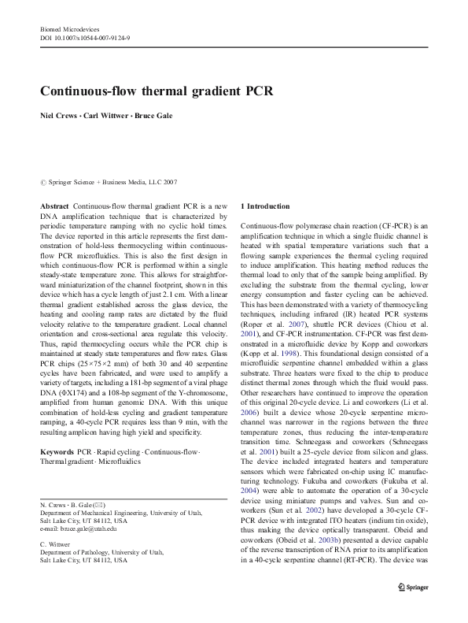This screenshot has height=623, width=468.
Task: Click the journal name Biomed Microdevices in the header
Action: [66, 28]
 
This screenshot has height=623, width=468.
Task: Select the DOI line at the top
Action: [84, 37]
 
